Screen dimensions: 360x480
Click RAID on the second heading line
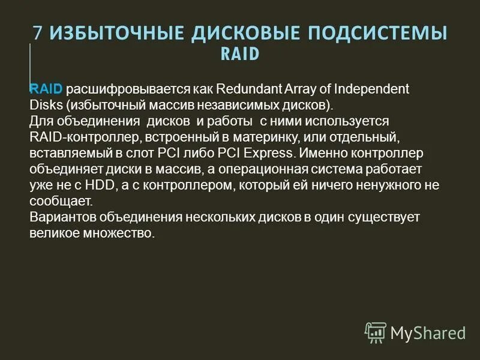coord(240,54)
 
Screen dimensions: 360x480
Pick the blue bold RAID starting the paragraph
coord(46,89)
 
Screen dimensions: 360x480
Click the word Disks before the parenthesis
coord(46,106)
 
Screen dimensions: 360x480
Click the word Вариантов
coord(58,217)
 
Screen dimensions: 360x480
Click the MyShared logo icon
coord(376,332)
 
